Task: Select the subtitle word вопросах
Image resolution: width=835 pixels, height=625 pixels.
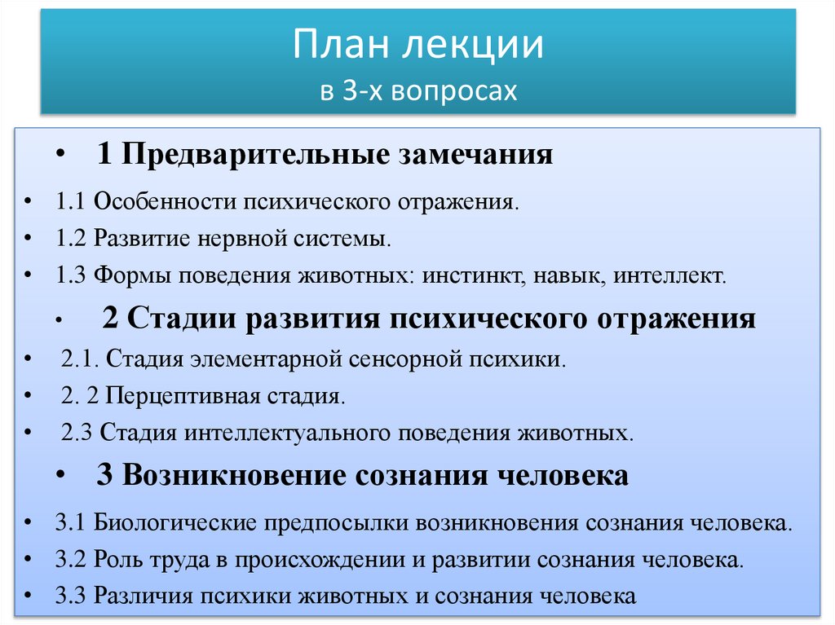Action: pyautogui.click(x=454, y=90)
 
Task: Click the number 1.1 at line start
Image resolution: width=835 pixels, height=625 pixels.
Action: pyautogui.click(x=71, y=200)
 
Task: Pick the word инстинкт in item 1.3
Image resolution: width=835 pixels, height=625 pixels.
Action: pyautogui.click(x=474, y=276)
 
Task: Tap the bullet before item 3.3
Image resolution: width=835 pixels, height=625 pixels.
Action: pyautogui.click(x=29, y=596)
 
